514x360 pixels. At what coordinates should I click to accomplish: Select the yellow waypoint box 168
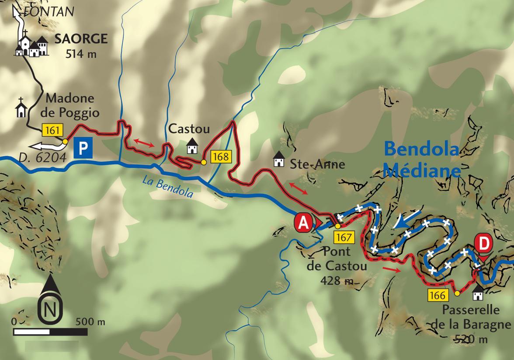pyautogui.click(x=221, y=157)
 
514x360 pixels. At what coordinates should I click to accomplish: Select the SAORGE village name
pyautogui.click(x=80, y=39)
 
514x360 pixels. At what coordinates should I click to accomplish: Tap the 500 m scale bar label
pyautogui.click(x=90, y=322)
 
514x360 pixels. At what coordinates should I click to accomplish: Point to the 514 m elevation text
pyautogui.click(x=80, y=54)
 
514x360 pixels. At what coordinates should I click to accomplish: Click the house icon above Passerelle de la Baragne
pyautogui.click(x=477, y=294)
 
